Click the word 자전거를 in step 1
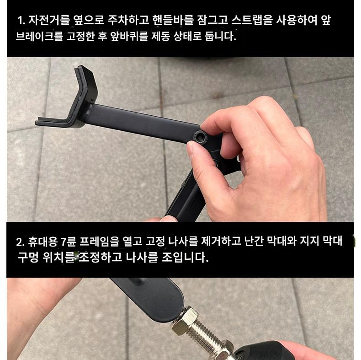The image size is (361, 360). (x=49, y=20)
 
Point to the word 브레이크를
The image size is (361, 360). (x=39, y=36)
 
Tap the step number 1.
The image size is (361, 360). (x=21, y=21)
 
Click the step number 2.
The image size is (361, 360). (x=20, y=242)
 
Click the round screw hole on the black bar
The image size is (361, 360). (x=199, y=137)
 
